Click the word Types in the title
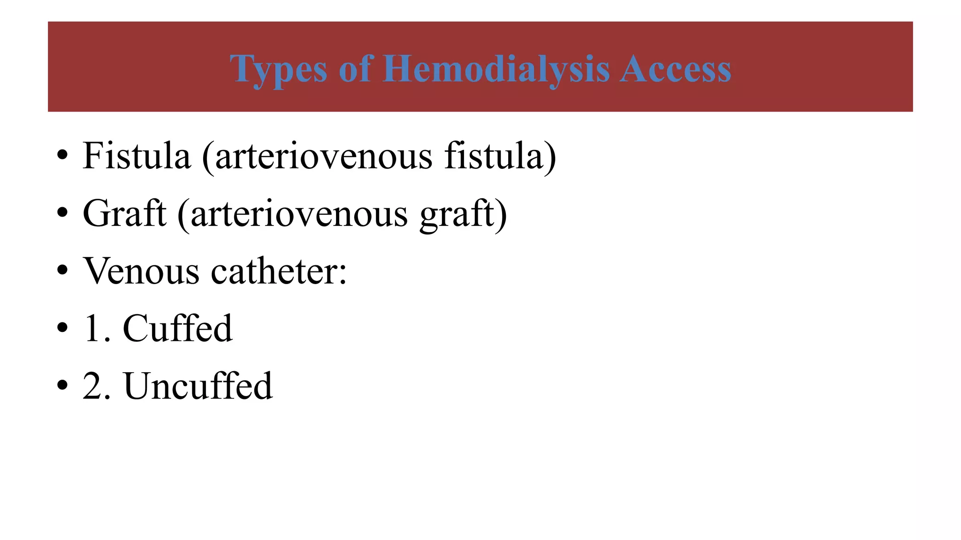(278, 69)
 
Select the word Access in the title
(675, 69)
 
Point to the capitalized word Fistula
(137, 156)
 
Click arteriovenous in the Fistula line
(324, 157)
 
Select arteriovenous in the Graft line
(299, 214)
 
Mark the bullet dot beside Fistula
(62, 156)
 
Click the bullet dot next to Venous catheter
(62, 271)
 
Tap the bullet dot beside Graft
(62, 214)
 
